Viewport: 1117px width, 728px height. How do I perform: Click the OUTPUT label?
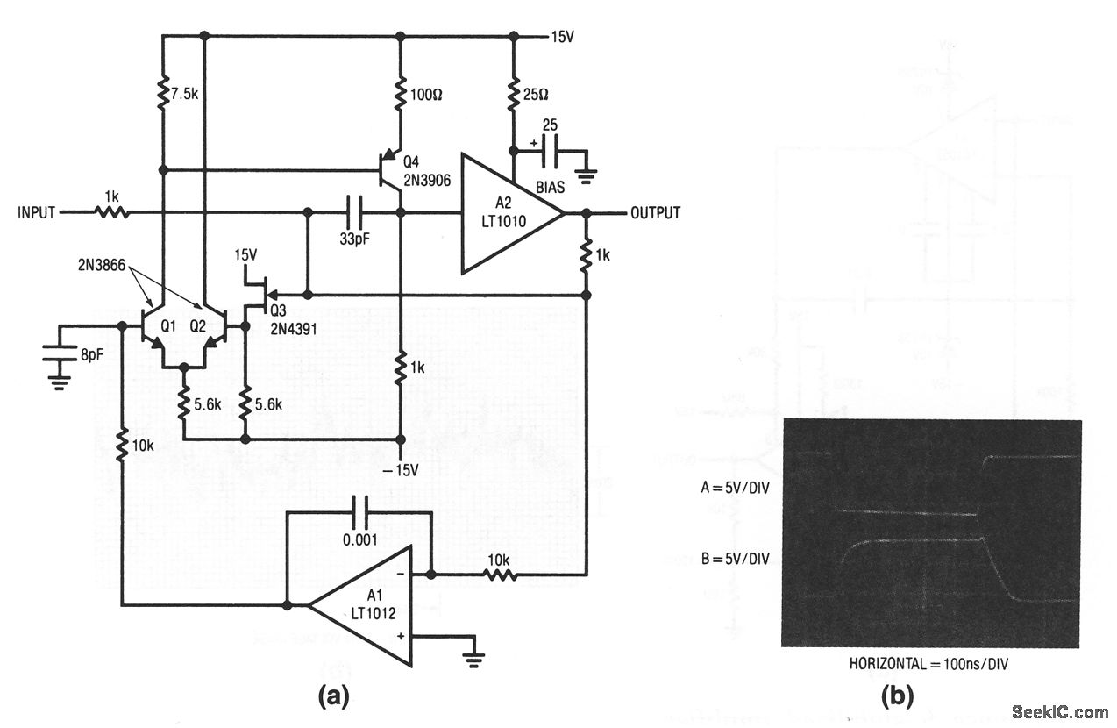(x=654, y=212)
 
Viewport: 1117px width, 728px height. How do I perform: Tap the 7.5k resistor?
(x=162, y=93)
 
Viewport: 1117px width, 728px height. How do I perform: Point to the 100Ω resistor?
(x=401, y=93)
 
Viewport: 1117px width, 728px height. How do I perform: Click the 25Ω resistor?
(x=513, y=93)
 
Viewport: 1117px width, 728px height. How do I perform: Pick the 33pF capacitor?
(x=355, y=212)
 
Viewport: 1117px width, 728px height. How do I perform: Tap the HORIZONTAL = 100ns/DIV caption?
(x=928, y=664)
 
